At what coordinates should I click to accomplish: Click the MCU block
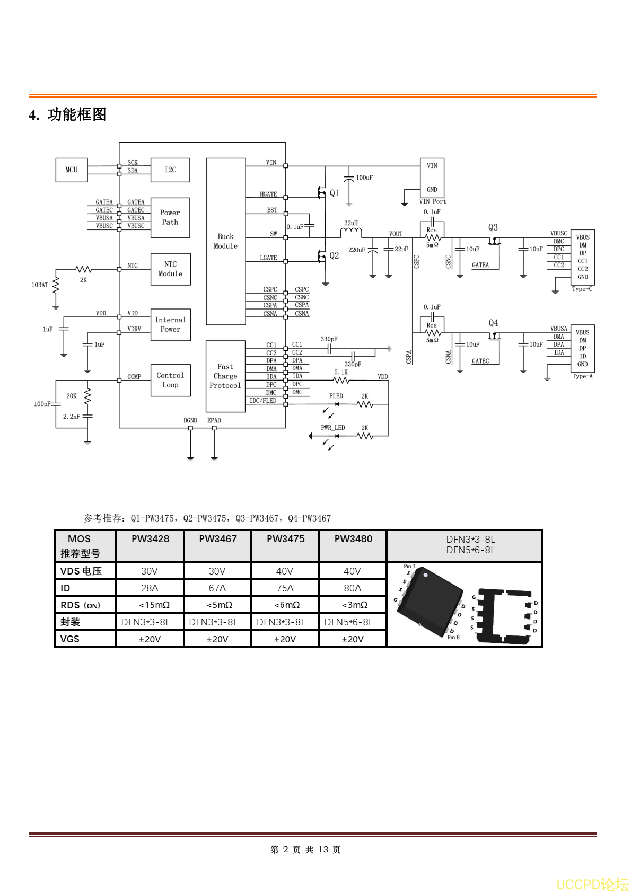click(72, 170)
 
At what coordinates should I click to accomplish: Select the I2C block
click(170, 170)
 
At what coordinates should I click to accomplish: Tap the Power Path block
click(170, 218)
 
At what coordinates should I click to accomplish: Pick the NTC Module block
click(170, 269)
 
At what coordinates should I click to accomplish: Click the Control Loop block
click(170, 380)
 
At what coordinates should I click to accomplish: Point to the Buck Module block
click(226, 241)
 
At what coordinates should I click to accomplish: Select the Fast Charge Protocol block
click(225, 376)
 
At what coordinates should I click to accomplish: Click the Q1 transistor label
click(334, 193)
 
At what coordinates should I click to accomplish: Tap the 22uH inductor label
click(351, 223)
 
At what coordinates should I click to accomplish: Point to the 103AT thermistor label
click(40, 285)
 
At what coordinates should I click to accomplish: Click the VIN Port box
click(432, 178)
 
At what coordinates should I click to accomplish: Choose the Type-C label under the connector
click(582, 289)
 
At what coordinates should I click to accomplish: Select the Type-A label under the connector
click(582, 377)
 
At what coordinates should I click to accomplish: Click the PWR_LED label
click(333, 428)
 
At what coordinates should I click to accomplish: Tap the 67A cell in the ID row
click(217, 588)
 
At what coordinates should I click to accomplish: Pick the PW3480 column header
click(353, 539)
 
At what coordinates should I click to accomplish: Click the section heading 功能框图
click(77, 114)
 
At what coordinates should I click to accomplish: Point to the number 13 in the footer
click(323, 850)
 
